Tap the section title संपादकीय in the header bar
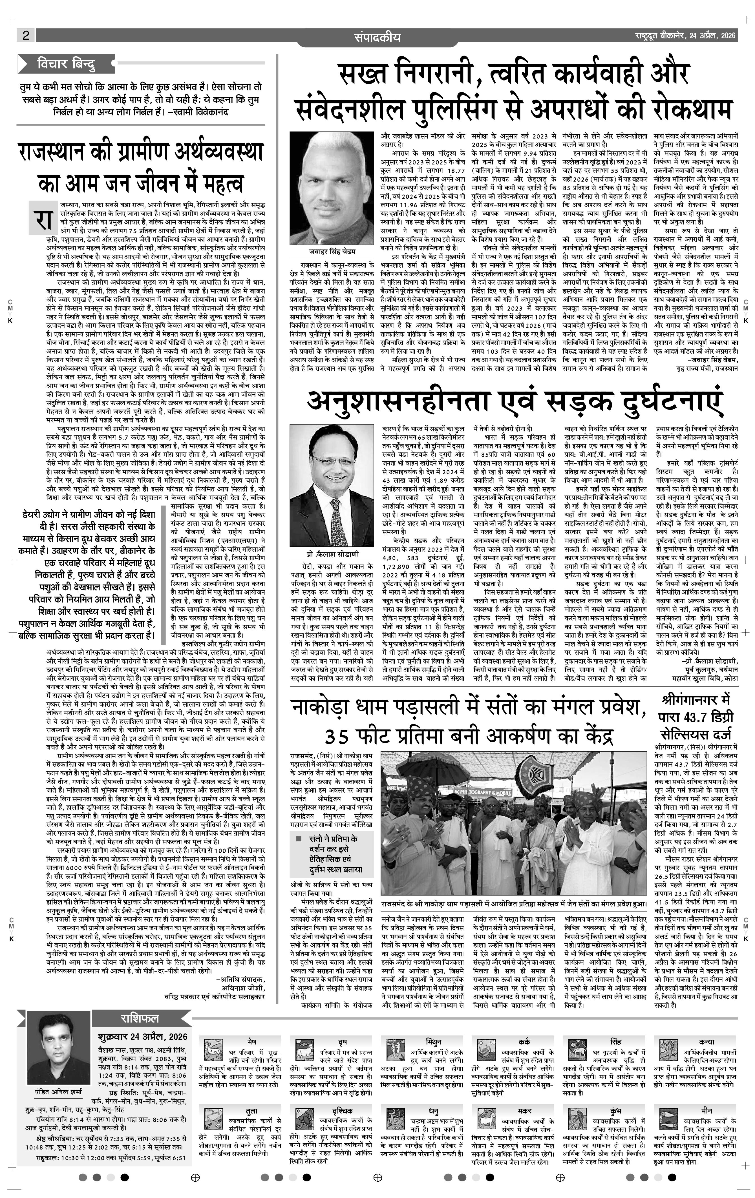[x=377, y=37]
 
